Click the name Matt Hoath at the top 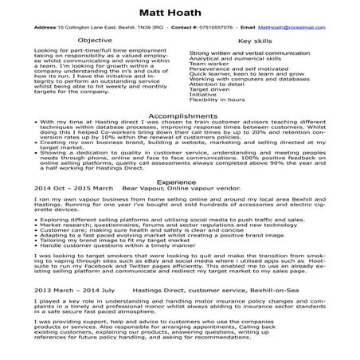pyautogui.click(x=180, y=12)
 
